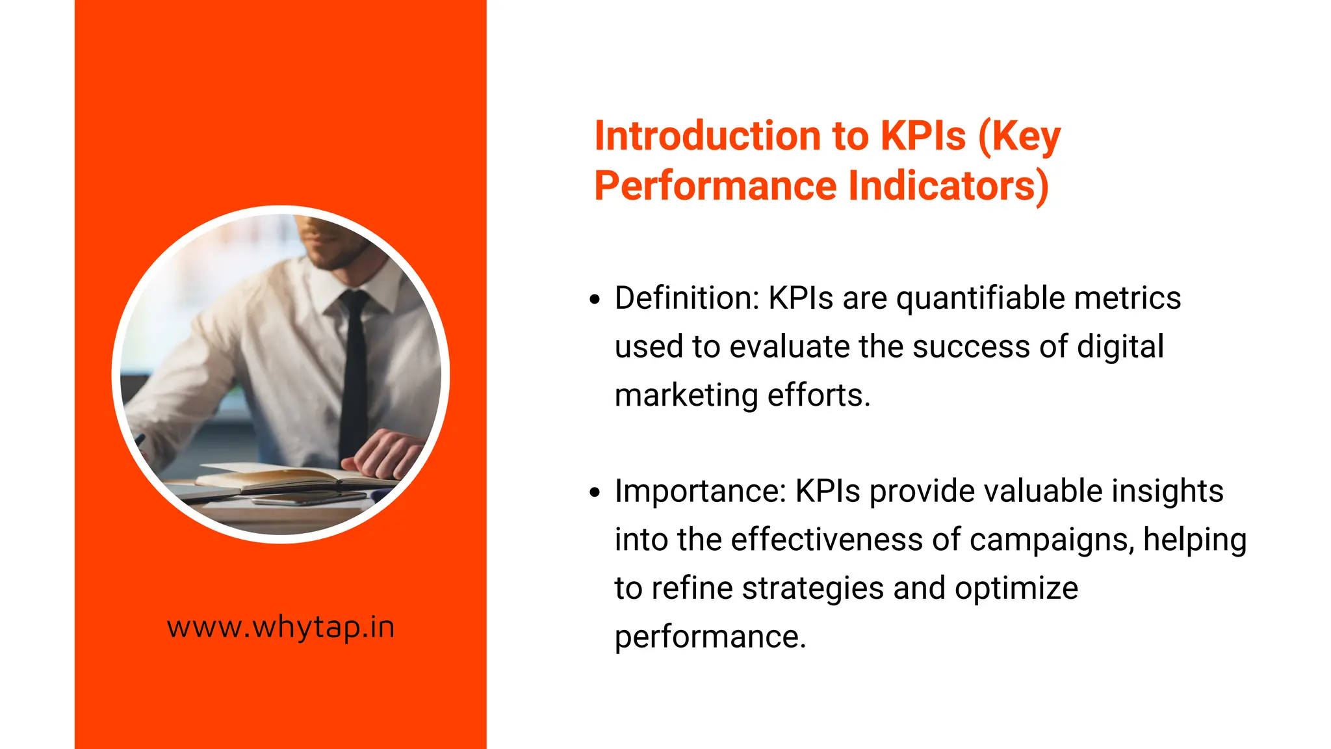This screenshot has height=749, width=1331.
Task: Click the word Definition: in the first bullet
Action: click(x=686, y=298)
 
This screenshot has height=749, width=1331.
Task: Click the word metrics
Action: click(x=1127, y=298)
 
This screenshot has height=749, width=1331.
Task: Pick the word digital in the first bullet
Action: click(x=1120, y=347)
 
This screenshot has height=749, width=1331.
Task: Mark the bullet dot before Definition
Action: click(x=595, y=300)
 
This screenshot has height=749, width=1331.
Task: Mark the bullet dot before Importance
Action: click(x=595, y=493)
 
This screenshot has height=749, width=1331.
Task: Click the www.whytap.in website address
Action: click(x=281, y=627)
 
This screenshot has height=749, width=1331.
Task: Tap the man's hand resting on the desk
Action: click(x=387, y=452)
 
